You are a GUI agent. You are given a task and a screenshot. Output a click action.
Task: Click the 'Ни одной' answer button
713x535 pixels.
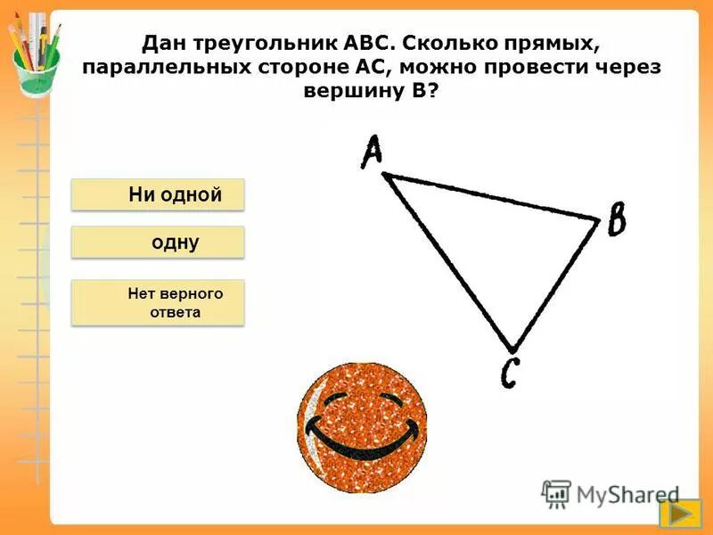point(158,195)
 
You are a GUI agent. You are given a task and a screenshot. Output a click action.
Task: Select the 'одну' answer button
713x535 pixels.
point(158,243)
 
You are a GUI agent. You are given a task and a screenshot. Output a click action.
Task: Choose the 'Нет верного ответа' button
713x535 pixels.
point(158,302)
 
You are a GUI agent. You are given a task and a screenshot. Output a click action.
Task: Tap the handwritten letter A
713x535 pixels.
point(371,151)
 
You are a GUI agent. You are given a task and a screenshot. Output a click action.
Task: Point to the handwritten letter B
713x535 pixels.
point(616,219)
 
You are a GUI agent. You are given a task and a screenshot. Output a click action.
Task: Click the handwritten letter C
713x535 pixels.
point(509,372)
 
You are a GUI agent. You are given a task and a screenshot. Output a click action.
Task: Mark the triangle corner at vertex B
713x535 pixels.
point(596,218)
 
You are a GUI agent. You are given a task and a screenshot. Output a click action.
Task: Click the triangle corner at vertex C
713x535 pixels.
point(512,348)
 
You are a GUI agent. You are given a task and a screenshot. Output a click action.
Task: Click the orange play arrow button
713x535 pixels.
point(679,514)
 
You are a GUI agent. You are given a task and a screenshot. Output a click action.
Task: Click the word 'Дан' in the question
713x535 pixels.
point(164,44)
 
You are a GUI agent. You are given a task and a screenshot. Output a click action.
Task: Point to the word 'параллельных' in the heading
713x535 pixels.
point(166,68)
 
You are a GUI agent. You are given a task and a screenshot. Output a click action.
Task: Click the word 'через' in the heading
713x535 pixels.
point(626,68)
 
